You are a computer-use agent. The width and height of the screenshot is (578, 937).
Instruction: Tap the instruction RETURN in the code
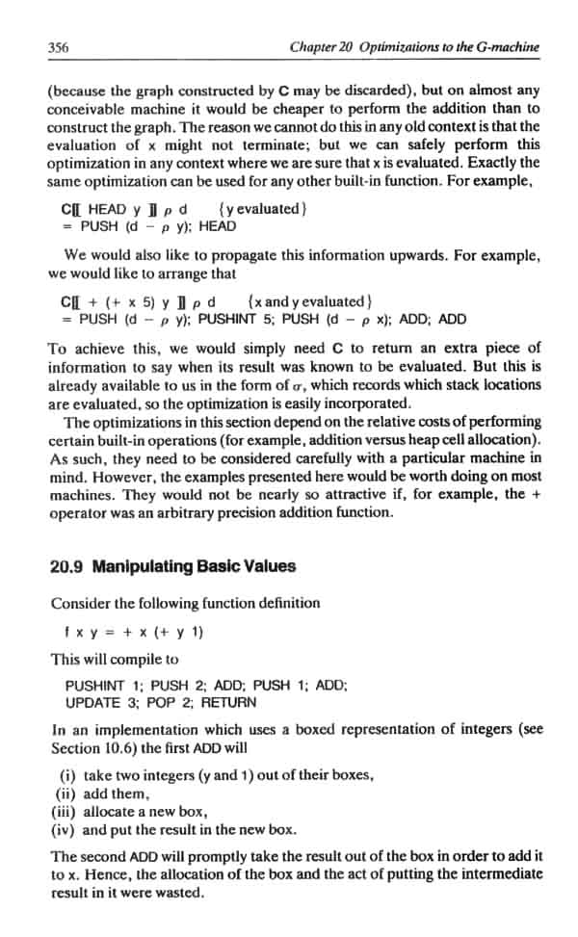(229, 702)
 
